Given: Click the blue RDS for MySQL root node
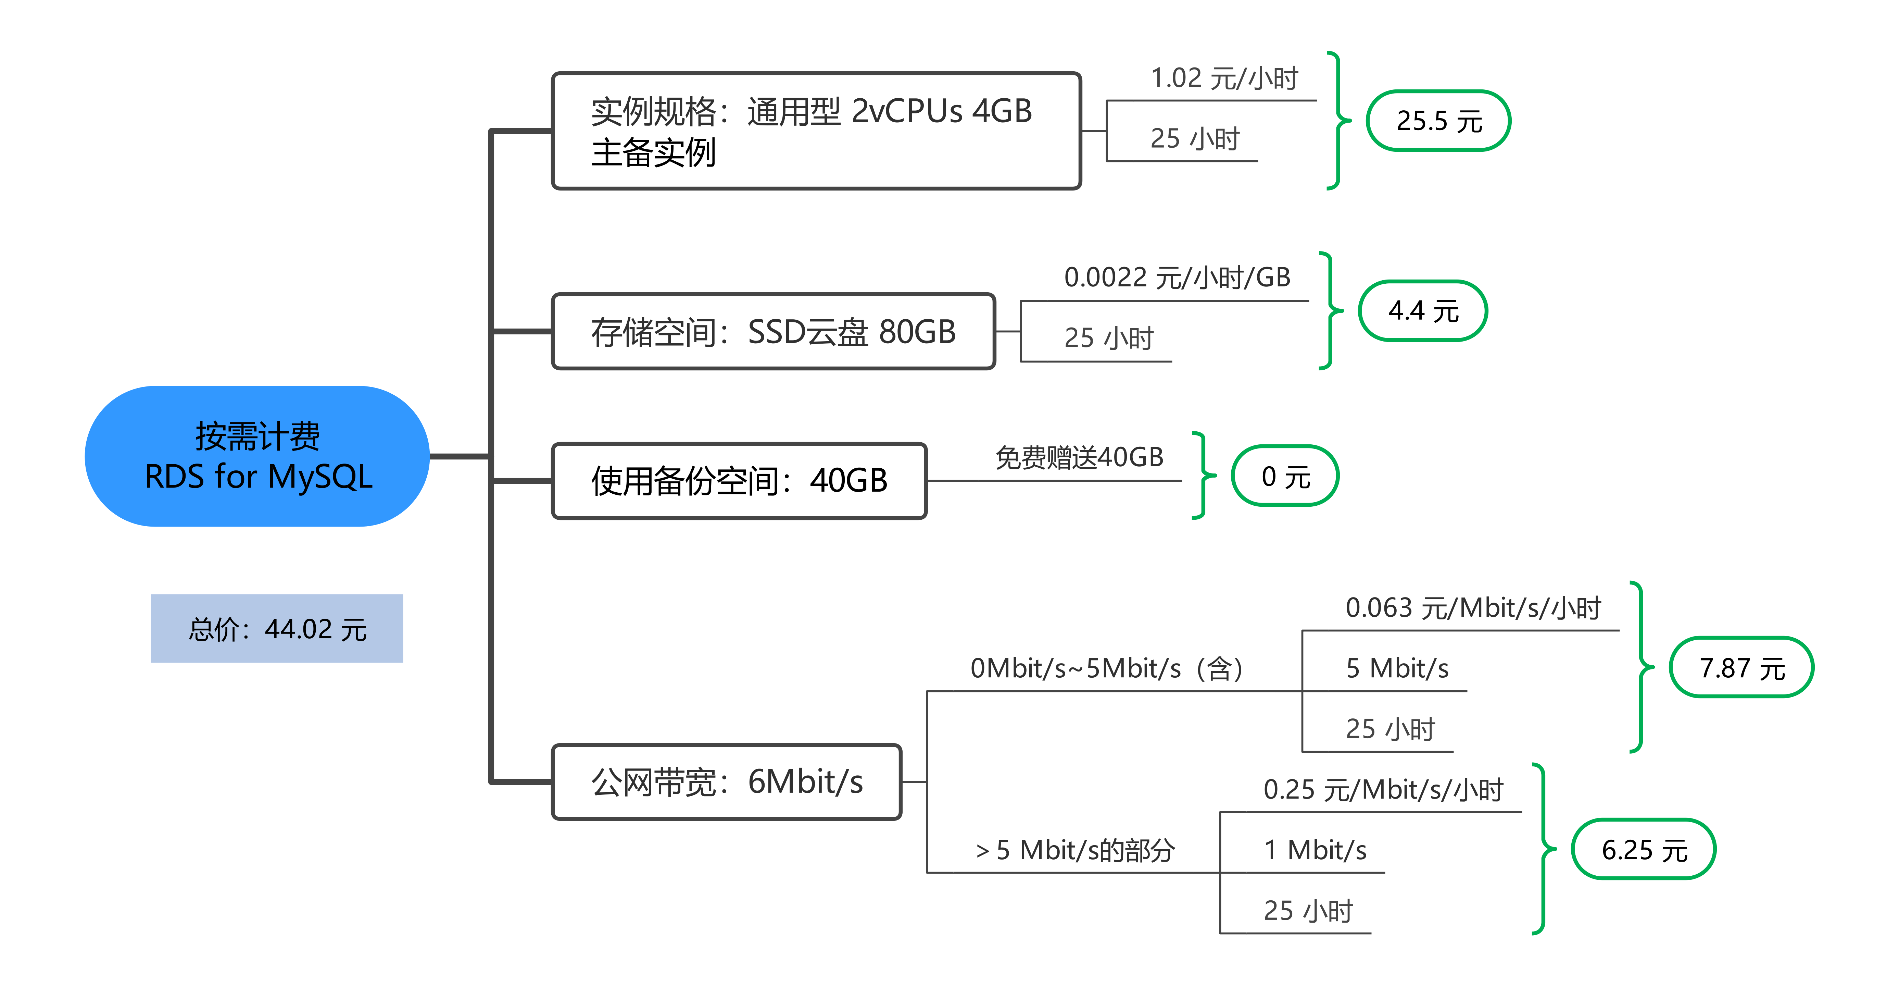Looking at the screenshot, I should (x=257, y=456).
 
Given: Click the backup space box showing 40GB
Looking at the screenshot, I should (x=739, y=481).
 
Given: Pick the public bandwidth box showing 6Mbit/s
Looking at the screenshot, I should (x=726, y=782).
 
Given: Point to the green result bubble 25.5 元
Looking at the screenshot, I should (x=1438, y=121).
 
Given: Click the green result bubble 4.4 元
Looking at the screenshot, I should (x=1423, y=310).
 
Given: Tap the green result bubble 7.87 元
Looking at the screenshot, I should (x=1741, y=667).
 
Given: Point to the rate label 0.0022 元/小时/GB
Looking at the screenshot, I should (x=1177, y=277).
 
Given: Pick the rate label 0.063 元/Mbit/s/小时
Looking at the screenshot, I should (x=1473, y=608).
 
